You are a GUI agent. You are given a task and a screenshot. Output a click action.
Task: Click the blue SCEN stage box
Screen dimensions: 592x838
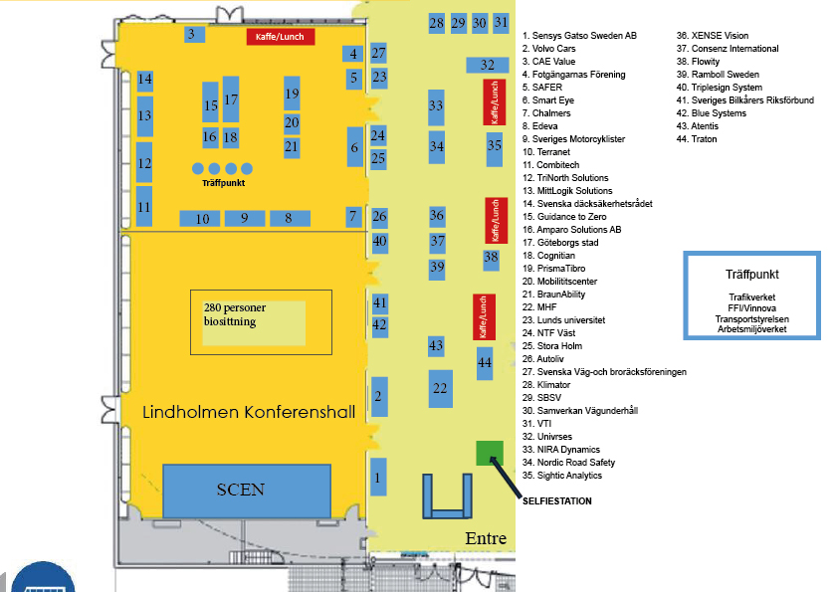point(246,490)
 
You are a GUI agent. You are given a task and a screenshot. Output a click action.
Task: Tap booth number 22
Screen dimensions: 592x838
point(440,387)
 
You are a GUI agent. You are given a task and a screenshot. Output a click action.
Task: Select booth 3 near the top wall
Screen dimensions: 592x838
point(190,35)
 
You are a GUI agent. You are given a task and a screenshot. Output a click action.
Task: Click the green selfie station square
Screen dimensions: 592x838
point(488,453)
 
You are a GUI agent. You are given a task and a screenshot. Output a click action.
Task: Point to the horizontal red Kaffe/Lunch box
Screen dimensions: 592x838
point(281,37)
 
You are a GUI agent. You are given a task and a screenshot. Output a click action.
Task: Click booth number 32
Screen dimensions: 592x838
point(487,65)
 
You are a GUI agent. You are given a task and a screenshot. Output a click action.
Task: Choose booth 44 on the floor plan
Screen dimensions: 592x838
point(485,363)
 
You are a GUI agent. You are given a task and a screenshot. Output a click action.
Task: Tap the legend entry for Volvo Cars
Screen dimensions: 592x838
point(555,49)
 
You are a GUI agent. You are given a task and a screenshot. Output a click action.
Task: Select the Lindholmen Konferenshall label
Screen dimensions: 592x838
point(248,412)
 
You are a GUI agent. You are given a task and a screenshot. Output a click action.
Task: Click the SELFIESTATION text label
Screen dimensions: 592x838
point(556,501)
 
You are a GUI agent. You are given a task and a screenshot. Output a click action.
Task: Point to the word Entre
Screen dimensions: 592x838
point(486,538)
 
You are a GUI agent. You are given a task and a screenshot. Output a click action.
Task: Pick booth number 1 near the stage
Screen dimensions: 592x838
point(377,477)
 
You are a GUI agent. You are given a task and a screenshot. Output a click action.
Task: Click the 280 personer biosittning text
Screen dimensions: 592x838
point(249,314)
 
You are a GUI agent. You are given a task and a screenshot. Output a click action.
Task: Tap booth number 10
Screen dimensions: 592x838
point(202,219)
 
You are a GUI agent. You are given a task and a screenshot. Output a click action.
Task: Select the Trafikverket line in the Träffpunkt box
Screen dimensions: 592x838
point(752,296)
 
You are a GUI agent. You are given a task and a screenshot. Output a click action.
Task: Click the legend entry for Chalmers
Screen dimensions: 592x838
point(551,113)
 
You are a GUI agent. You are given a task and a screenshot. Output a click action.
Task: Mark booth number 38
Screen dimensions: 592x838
point(491,259)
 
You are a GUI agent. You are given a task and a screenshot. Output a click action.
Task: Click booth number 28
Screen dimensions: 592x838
point(436,23)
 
